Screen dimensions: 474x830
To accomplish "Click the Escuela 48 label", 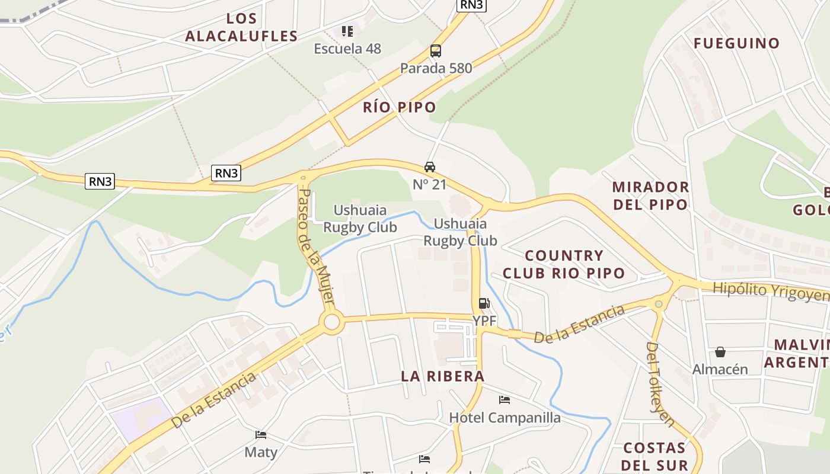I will tap(347, 49).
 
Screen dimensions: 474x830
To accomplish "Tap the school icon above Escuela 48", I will tap(347, 31).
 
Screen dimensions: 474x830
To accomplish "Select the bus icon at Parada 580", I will tap(436, 51).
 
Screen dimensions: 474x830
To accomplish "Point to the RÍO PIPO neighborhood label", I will tap(400, 107).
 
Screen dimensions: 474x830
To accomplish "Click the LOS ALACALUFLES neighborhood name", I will tap(241, 27).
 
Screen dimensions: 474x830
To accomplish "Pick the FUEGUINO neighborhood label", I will tap(736, 43).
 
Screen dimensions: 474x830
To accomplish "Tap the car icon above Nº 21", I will tap(430, 167).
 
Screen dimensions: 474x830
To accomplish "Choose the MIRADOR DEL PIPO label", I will tap(650, 196).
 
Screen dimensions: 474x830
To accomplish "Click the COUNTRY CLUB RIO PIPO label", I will tap(564, 264).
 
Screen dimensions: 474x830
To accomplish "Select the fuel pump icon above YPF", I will tap(484, 304).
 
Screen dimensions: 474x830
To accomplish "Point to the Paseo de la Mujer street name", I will tap(316, 245).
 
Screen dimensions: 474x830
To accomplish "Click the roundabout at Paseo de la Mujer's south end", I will tap(331, 323).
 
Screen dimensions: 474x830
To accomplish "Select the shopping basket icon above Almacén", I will tap(720, 352).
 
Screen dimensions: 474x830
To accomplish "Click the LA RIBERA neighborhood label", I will tap(442, 376).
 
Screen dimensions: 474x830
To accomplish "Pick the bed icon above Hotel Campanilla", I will tap(505, 400).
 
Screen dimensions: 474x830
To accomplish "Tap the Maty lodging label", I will tap(261, 452).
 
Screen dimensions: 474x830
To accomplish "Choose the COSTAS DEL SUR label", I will tap(655, 456).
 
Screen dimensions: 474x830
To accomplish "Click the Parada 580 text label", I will tap(436, 68).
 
